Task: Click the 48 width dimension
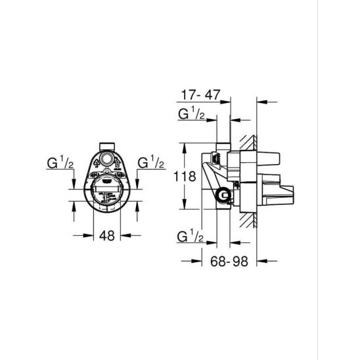coord(107,235)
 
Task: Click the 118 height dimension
coord(185,176)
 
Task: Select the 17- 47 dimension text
coord(201,95)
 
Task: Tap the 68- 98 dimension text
coord(229,261)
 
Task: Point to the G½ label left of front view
coord(60,162)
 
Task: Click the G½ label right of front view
coord(151,162)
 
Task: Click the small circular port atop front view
coord(107,158)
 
